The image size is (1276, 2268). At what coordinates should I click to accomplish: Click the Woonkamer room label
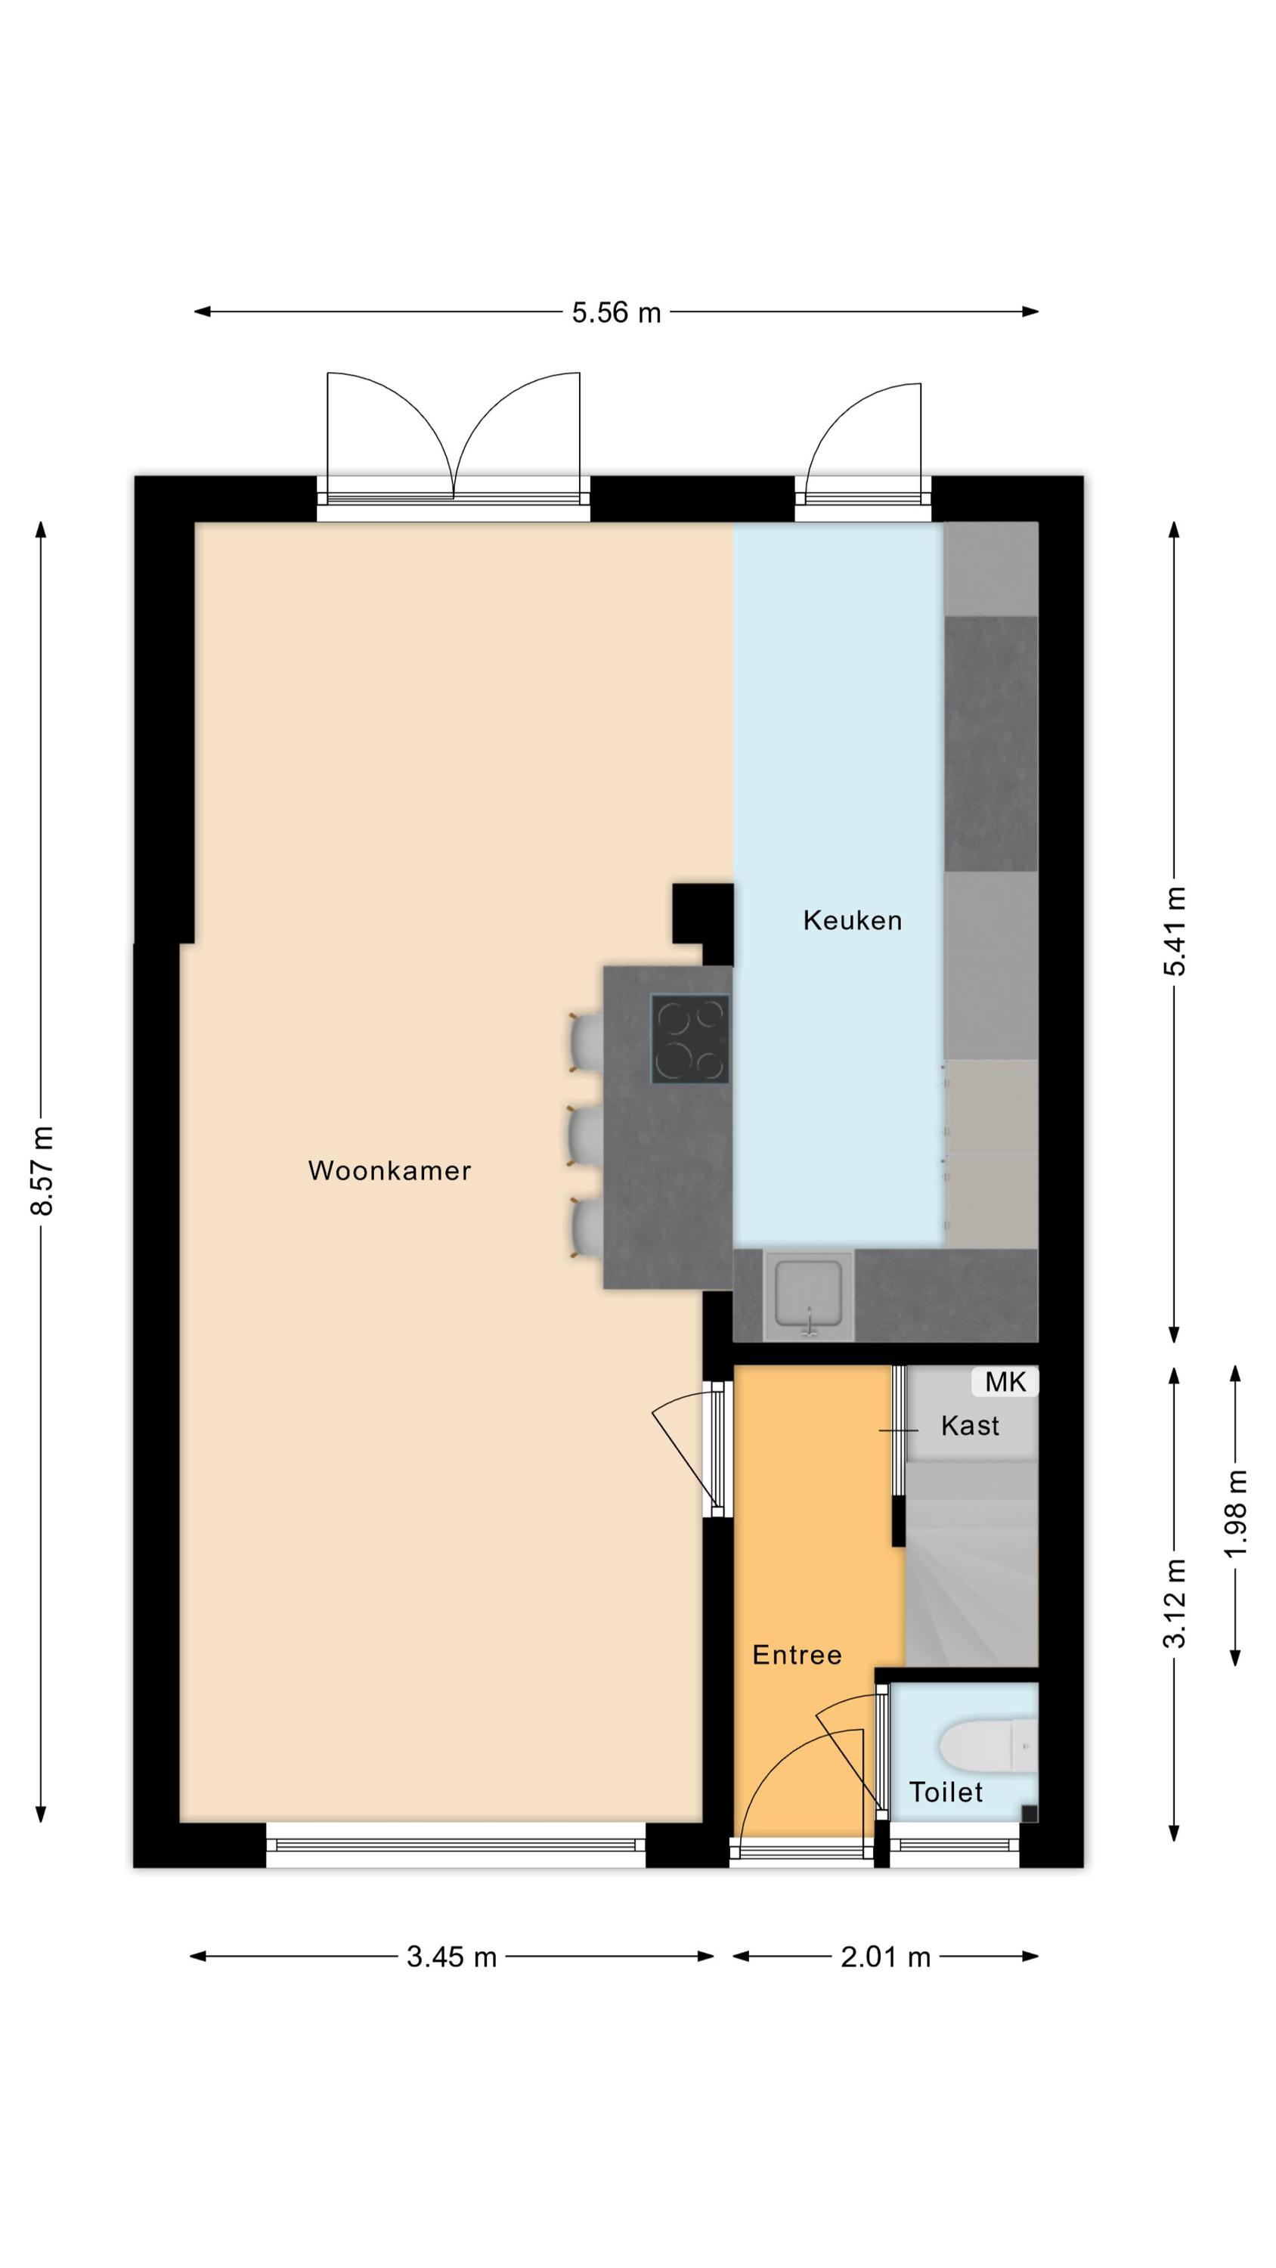389,1170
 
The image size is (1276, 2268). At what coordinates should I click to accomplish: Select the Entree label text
797,1655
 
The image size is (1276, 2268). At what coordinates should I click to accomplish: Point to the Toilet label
946,1792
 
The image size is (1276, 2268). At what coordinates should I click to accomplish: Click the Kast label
970,1425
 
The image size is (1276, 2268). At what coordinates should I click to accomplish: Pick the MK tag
1005,1382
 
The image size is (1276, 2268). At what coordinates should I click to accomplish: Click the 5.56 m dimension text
616,312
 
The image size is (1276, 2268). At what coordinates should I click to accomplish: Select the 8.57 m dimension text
42,1170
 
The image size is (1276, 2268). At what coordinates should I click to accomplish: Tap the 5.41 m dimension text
1175,931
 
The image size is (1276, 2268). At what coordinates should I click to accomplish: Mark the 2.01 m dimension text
886,1957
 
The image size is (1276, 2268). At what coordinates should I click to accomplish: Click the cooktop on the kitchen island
689,1039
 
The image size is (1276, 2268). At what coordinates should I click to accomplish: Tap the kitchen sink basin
808,1294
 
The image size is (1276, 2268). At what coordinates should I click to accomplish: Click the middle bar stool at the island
586,1136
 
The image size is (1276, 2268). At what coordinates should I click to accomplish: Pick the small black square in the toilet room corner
1029,1813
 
